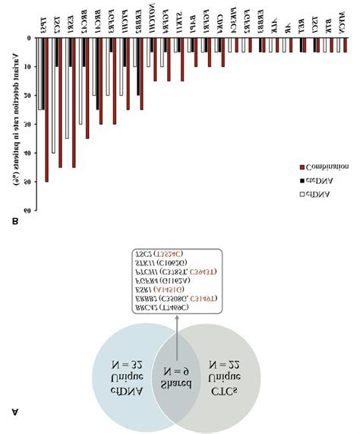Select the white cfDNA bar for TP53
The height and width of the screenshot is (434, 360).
pyautogui.click(x=40, y=73)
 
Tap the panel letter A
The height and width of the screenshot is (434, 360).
pyautogui.click(x=16, y=411)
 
